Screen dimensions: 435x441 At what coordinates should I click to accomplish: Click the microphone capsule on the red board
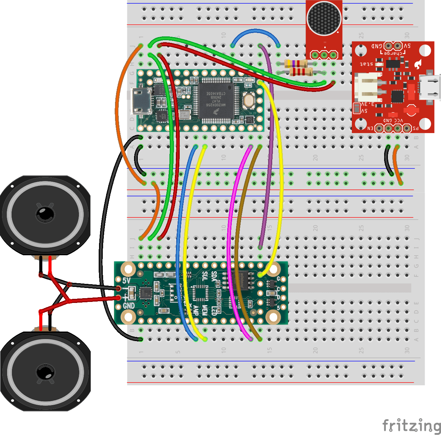click(x=324, y=18)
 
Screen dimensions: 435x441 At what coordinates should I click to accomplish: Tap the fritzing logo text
click(x=411, y=426)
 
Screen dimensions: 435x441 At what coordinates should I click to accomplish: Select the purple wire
click(x=271, y=153)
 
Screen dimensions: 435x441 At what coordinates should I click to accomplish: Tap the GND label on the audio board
click(x=129, y=306)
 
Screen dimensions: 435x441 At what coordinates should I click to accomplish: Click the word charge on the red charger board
click(x=393, y=53)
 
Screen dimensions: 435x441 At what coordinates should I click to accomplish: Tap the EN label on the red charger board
click(x=370, y=128)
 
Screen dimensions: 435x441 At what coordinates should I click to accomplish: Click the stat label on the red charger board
click(x=366, y=64)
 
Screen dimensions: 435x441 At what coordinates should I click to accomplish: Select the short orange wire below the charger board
click(x=396, y=165)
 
